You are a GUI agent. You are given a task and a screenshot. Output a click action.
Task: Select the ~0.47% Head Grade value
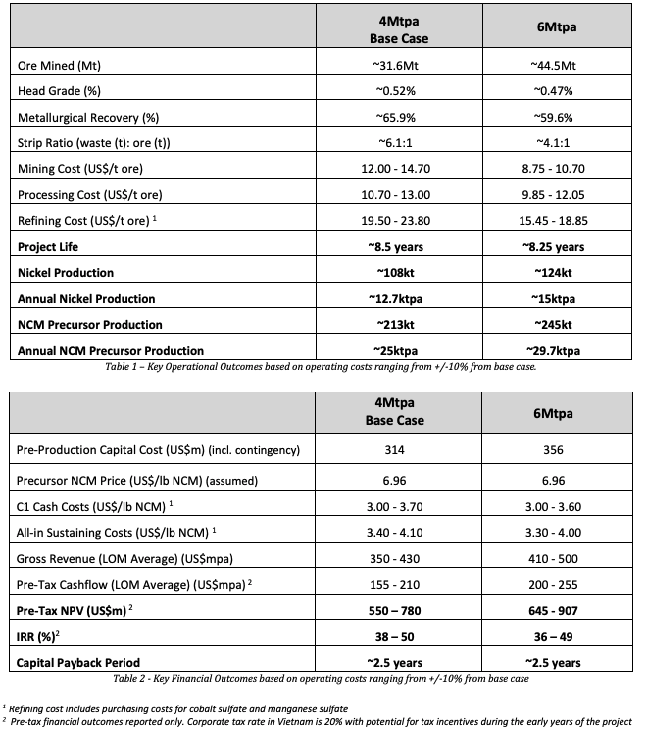pyautogui.click(x=555, y=91)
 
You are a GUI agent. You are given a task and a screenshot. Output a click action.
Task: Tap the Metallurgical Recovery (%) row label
pyautogui.click(x=88, y=118)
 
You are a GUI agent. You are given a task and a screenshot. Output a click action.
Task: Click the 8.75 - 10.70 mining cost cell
pyautogui.click(x=555, y=169)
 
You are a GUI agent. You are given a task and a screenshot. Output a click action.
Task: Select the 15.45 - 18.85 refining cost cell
pyautogui.click(x=555, y=221)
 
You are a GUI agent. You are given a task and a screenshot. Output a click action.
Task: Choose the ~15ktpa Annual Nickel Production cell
pyautogui.click(x=555, y=298)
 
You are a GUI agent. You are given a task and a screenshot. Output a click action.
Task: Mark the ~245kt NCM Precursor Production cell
pyautogui.click(x=555, y=324)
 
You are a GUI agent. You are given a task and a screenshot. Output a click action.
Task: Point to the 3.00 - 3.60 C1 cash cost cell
pyautogui.click(x=555, y=505)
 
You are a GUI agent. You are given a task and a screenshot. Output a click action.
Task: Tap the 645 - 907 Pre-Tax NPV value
pyautogui.click(x=555, y=611)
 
